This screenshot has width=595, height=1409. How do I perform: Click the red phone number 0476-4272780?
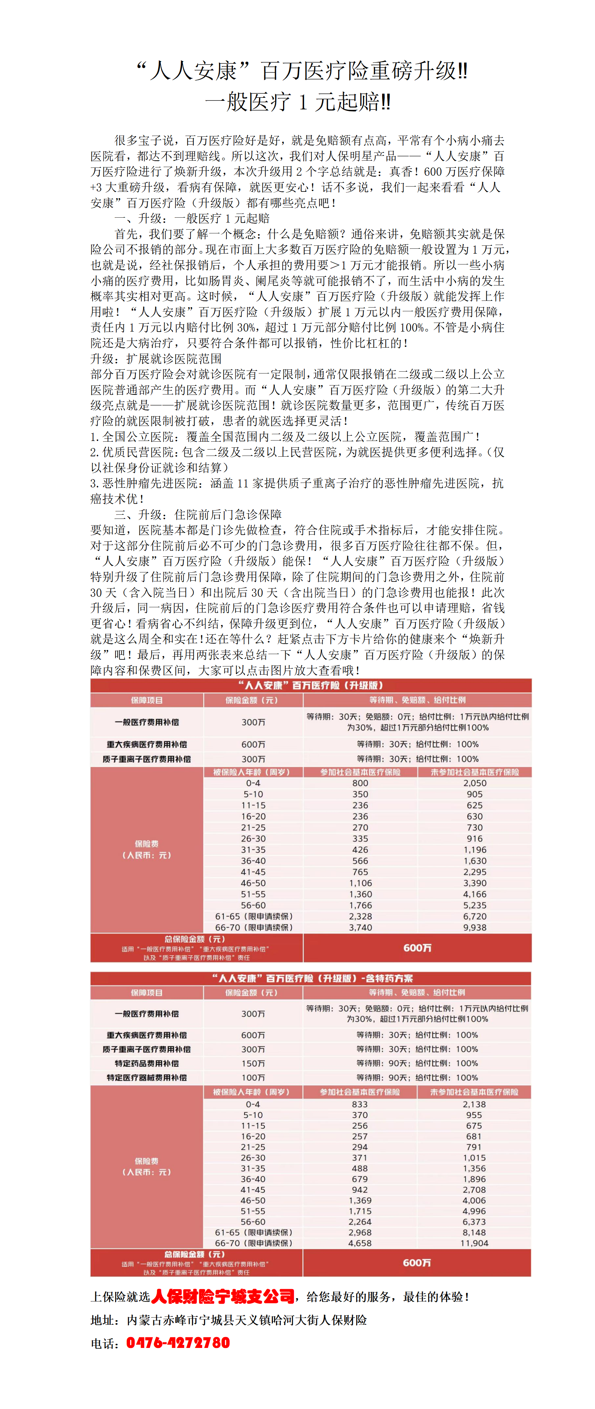pyautogui.click(x=178, y=1343)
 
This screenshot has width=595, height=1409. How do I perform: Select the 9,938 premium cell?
pyautogui.click(x=475, y=927)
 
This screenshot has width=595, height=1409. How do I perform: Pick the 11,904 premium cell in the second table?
pyautogui.click(x=474, y=1243)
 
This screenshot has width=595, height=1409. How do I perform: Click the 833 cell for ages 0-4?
pyautogui.click(x=360, y=1104)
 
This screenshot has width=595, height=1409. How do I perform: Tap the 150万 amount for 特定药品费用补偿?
pyautogui.click(x=253, y=1063)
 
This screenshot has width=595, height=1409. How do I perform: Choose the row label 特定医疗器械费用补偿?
pyautogui.click(x=147, y=1077)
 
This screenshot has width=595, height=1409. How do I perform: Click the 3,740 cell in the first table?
pyautogui.click(x=360, y=927)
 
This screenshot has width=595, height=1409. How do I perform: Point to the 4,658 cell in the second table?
pyautogui.click(x=360, y=1243)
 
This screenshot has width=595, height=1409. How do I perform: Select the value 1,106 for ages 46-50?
pyautogui.click(x=360, y=883)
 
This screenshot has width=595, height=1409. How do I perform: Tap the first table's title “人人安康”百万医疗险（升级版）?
pyautogui.click(x=311, y=685)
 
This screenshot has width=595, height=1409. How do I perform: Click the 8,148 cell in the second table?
pyautogui.click(x=474, y=1232)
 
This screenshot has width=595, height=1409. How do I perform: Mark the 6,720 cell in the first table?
pyautogui.click(x=475, y=916)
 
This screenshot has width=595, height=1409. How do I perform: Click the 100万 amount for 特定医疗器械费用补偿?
pyautogui.click(x=253, y=1077)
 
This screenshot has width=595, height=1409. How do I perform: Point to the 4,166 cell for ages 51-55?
pyautogui.click(x=475, y=894)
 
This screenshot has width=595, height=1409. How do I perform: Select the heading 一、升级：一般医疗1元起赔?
pyautogui.click(x=192, y=218)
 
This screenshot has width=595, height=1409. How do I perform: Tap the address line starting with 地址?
pyautogui.click(x=228, y=1320)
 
